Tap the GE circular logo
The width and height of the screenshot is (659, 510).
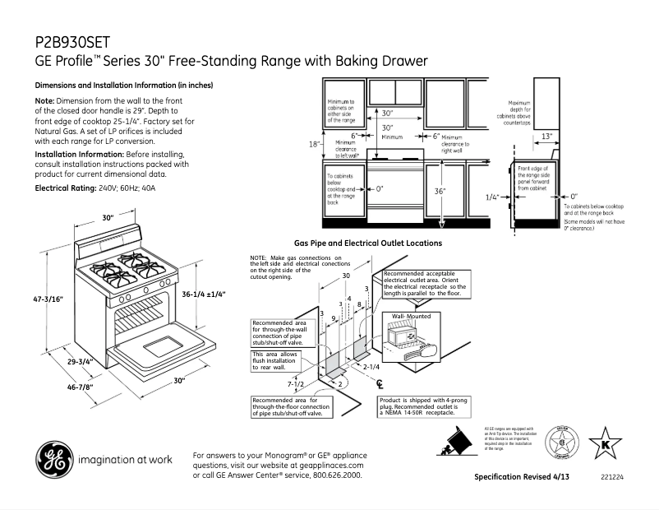[x=52, y=459]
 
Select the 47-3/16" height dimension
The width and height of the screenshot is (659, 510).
[x=49, y=299]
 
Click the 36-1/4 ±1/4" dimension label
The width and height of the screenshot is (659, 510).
[x=203, y=294]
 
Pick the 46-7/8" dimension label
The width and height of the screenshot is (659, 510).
[x=55, y=387]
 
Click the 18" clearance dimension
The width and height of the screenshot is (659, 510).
[x=314, y=144]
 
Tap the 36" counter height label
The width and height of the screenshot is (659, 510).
[x=440, y=191]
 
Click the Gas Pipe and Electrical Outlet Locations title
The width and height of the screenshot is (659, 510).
[x=368, y=243]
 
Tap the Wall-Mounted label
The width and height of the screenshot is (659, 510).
[x=412, y=317]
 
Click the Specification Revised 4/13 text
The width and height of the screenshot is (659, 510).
[x=522, y=477]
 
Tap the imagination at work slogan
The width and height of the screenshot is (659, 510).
[x=125, y=459]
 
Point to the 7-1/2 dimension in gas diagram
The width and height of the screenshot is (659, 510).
[x=296, y=384]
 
